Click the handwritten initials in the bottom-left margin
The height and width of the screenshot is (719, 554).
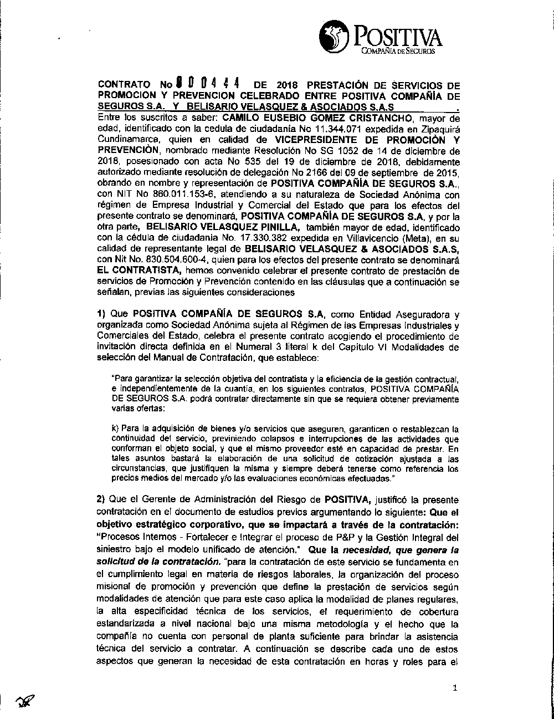point(24,701)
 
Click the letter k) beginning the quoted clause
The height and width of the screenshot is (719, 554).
point(115,429)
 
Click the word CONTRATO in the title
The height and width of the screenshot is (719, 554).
point(124,85)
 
